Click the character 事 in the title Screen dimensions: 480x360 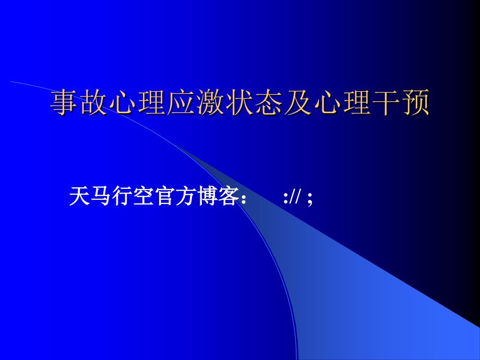pos(64,103)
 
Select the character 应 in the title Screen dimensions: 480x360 pos(181,103)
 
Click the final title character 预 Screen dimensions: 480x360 pos(415,103)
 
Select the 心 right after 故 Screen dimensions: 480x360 pos(122,103)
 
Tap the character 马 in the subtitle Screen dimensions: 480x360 pos(101,196)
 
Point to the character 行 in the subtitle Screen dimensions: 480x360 pos(123,196)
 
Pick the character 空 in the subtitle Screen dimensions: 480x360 pos(144,196)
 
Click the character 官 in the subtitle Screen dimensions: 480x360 pos(165,196)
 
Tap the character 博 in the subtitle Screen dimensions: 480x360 pos(208,196)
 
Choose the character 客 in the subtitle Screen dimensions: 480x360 pos(229,196)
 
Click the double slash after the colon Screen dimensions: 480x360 pos(296,196)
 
